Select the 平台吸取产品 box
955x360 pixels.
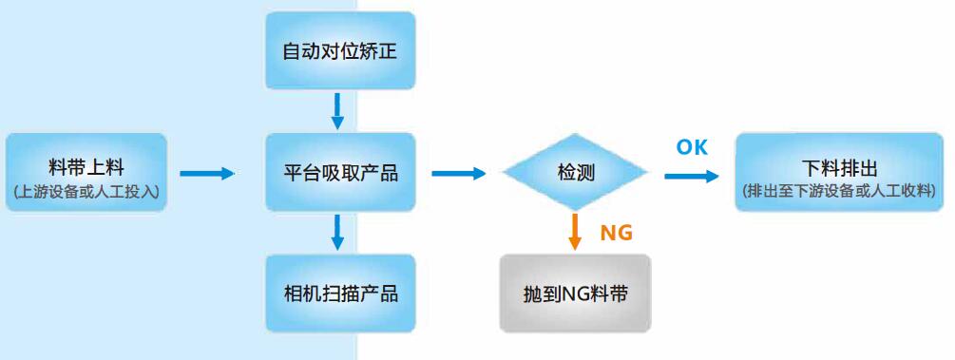(x=340, y=173)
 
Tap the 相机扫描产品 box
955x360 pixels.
(x=340, y=293)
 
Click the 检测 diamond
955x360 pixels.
(x=575, y=173)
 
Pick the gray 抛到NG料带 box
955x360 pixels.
(x=575, y=293)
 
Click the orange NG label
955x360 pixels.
(x=616, y=233)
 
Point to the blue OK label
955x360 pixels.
(x=692, y=147)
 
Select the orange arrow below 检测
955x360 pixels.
(x=575, y=231)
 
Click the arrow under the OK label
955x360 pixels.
(x=692, y=176)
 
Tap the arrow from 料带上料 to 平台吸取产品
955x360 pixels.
(x=206, y=173)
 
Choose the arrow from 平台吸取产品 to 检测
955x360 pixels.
(x=458, y=173)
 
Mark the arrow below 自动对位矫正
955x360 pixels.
(x=337, y=110)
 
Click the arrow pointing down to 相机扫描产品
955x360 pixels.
(x=337, y=232)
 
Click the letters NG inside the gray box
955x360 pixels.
(x=577, y=294)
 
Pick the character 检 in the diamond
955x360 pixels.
(x=565, y=173)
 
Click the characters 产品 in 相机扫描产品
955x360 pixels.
(x=379, y=293)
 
